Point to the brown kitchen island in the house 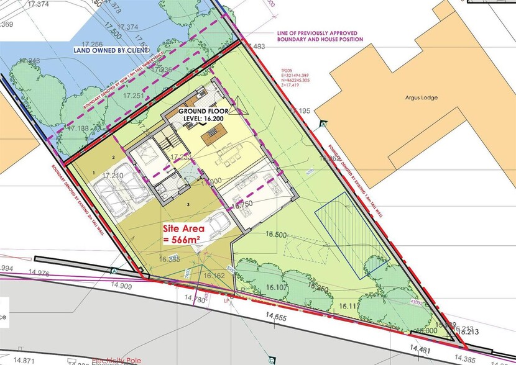point(213,131)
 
